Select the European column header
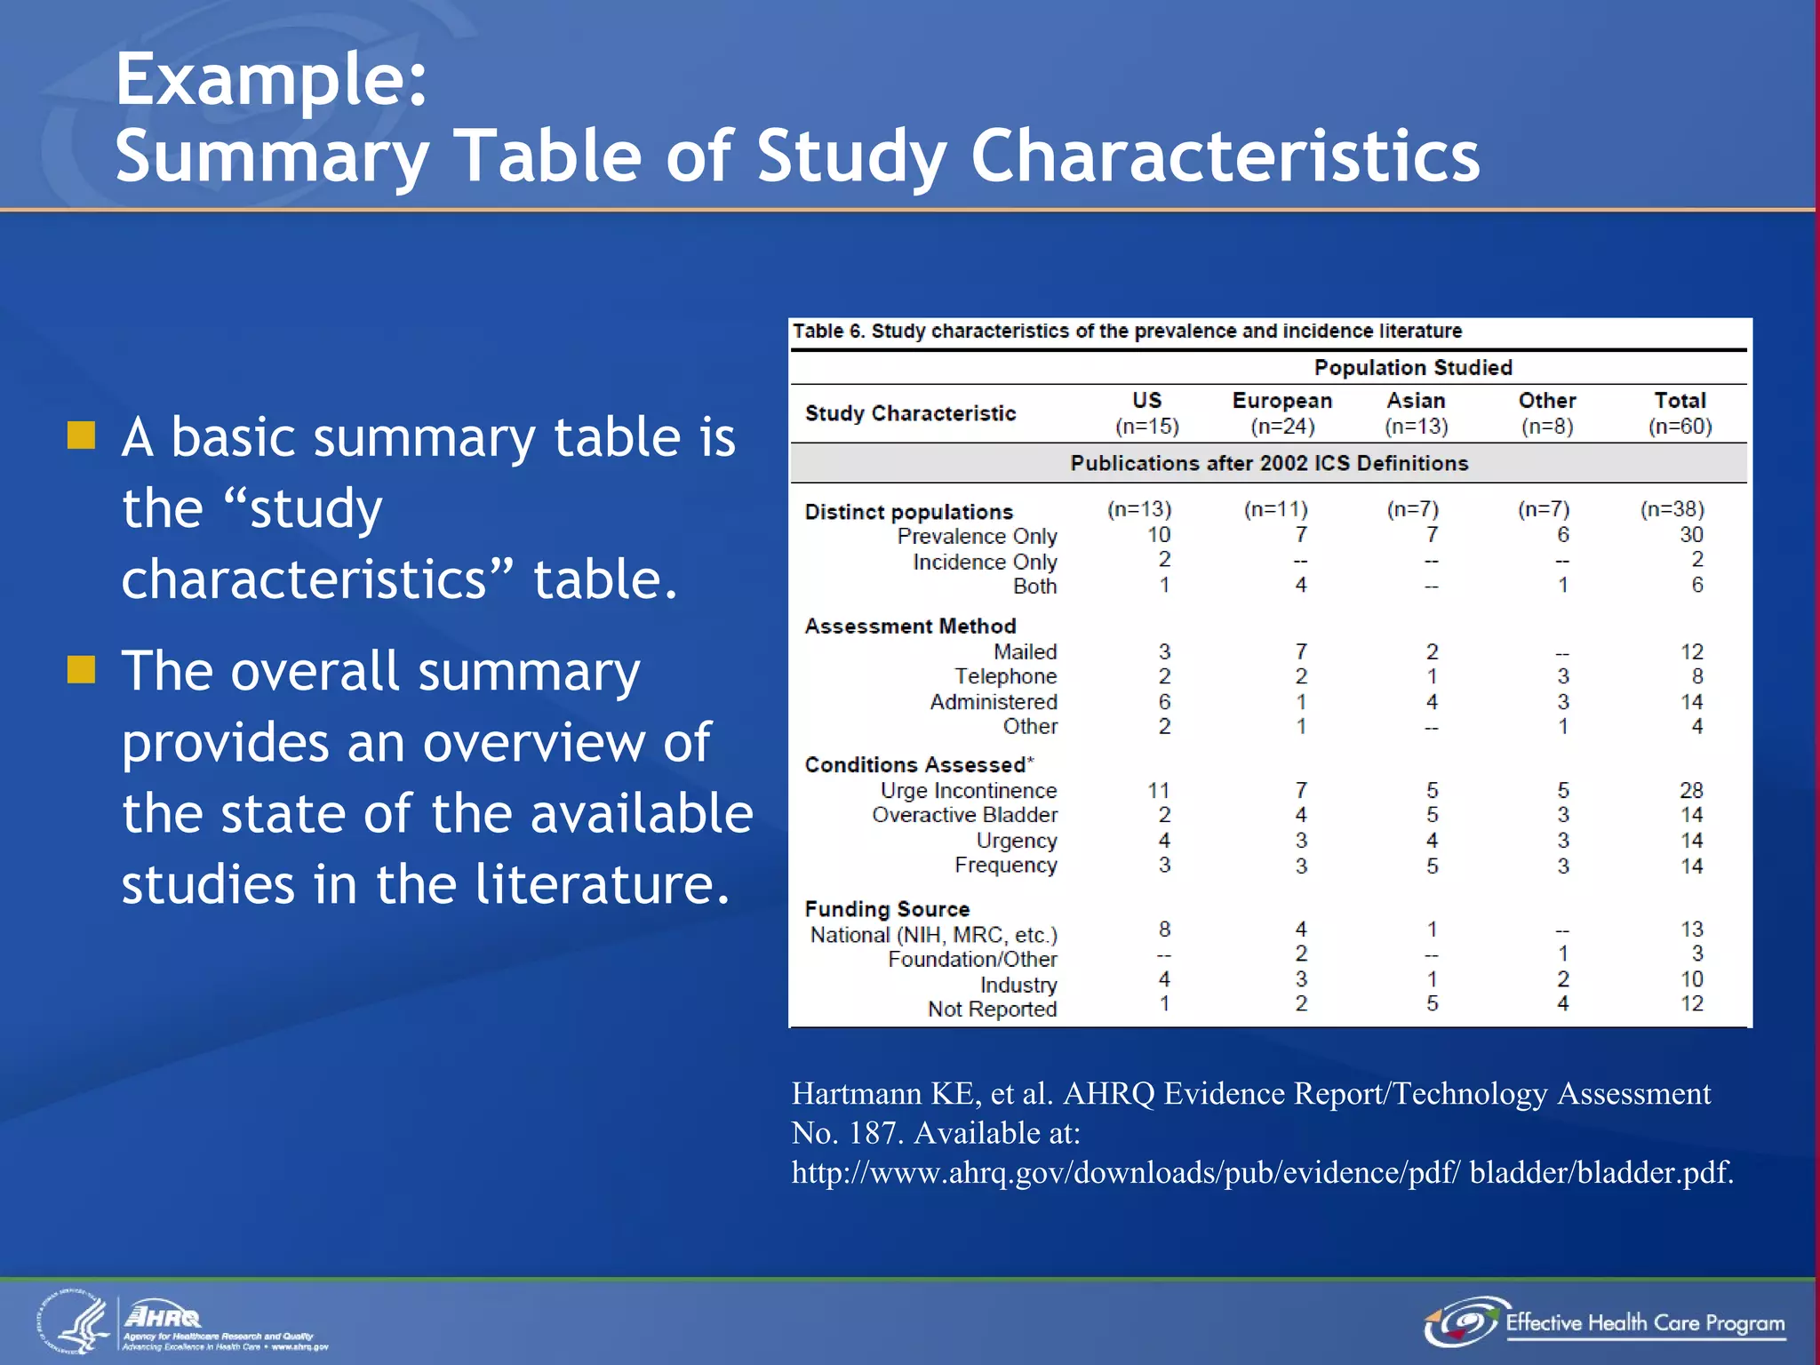pyautogui.click(x=1281, y=401)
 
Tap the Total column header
pyautogui.click(x=1680, y=401)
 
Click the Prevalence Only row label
pyautogui.click(x=977, y=536)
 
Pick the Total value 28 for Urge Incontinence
pyautogui.click(x=1691, y=790)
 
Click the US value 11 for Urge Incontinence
pyautogui.click(x=1158, y=790)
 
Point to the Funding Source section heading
pyautogui.click(x=887, y=909)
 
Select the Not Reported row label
pyautogui.click(x=992, y=1009)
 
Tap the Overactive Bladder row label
pyautogui.click(x=964, y=815)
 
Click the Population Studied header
pyautogui.click(x=1413, y=368)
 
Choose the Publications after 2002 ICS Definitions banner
pyautogui.click(x=1268, y=463)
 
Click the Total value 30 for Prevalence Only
pyautogui.click(x=1691, y=535)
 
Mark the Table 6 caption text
pyautogui.click(x=1126, y=331)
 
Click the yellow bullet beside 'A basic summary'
pyautogui.click(x=82, y=435)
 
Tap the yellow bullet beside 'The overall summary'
pyautogui.click(x=82, y=669)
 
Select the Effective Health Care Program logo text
pyautogui.click(x=1644, y=1322)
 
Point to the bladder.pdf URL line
pyautogui.click(x=1262, y=1172)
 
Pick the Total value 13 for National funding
pyautogui.click(x=1691, y=930)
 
